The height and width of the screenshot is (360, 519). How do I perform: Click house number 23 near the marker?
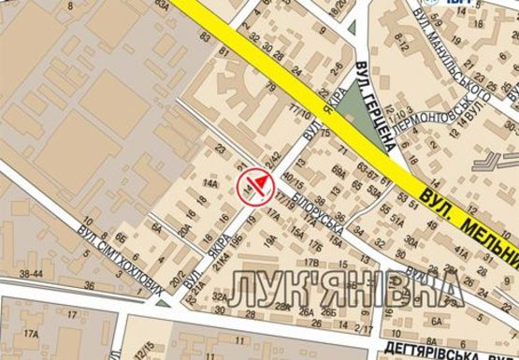click(221, 148)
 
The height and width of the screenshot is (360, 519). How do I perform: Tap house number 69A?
click(338, 169)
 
